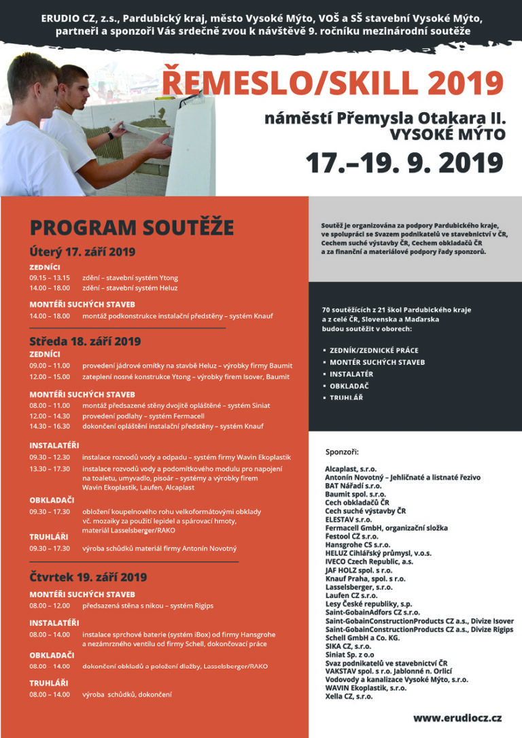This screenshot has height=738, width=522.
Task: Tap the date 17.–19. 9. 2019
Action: pyautogui.click(x=404, y=163)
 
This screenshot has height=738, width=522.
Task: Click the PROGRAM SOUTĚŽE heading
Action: pyautogui.click(x=131, y=228)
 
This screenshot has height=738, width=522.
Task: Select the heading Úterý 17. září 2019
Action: pyautogui.click(x=82, y=251)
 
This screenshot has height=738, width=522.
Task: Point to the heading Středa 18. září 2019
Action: pyautogui.click(x=85, y=340)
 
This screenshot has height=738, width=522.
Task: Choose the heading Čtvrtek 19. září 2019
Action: pyautogui.click(x=88, y=578)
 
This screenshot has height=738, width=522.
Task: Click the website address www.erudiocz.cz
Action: pyautogui.click(x=457, y=717)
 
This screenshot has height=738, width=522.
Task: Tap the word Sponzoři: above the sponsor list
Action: pyautogui.click(x=341, y=452)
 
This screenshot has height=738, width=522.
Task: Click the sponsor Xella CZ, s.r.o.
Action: pyautogui.click(x=348, y=696)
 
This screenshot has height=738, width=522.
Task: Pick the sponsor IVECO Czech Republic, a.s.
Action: pyautogui.click(x=368, y=562)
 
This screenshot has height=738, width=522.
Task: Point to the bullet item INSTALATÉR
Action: pyautogui.click(x=351, y=374)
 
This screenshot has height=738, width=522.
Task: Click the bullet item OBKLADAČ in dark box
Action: pyautogui.click(x=349, y=385)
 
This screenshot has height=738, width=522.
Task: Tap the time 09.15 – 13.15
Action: pyautogui.click(x=50, y=277)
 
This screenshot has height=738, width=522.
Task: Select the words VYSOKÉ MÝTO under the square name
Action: pyautogui.click(x=447, y=135)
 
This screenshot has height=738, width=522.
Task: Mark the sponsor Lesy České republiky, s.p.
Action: pyautogui.click(x=368, y=603)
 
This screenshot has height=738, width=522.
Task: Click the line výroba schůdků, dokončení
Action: pyautogui.click(x=127, y=695)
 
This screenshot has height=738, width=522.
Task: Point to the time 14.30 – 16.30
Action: pyautogui.click(x=50, y=426)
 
